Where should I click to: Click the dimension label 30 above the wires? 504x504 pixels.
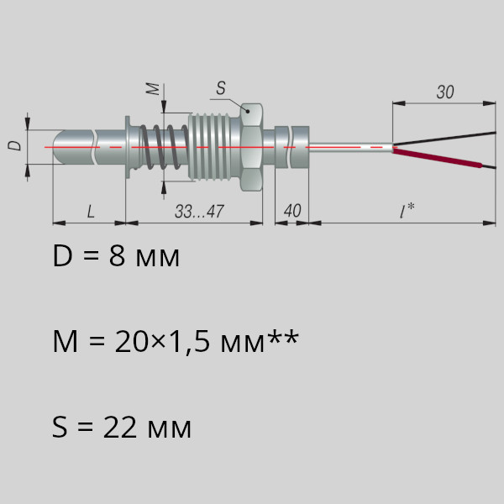click(x=445, y=92)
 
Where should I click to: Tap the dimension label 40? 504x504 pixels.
click(x=292, y=211)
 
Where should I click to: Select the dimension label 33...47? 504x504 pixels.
click(x=199, y=211)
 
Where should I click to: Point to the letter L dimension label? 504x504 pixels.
click(x=91, y=212)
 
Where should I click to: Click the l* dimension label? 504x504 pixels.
click(x=407, y=211)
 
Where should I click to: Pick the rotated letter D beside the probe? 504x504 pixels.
click(x=14, y=145)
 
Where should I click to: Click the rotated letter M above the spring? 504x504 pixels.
click(x=153, y=89)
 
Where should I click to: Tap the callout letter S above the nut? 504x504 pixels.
click(x=221, y=88)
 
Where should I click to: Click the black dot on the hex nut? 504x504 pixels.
click(x=248, y=112)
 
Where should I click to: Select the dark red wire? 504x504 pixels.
click(x=437, y=158)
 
